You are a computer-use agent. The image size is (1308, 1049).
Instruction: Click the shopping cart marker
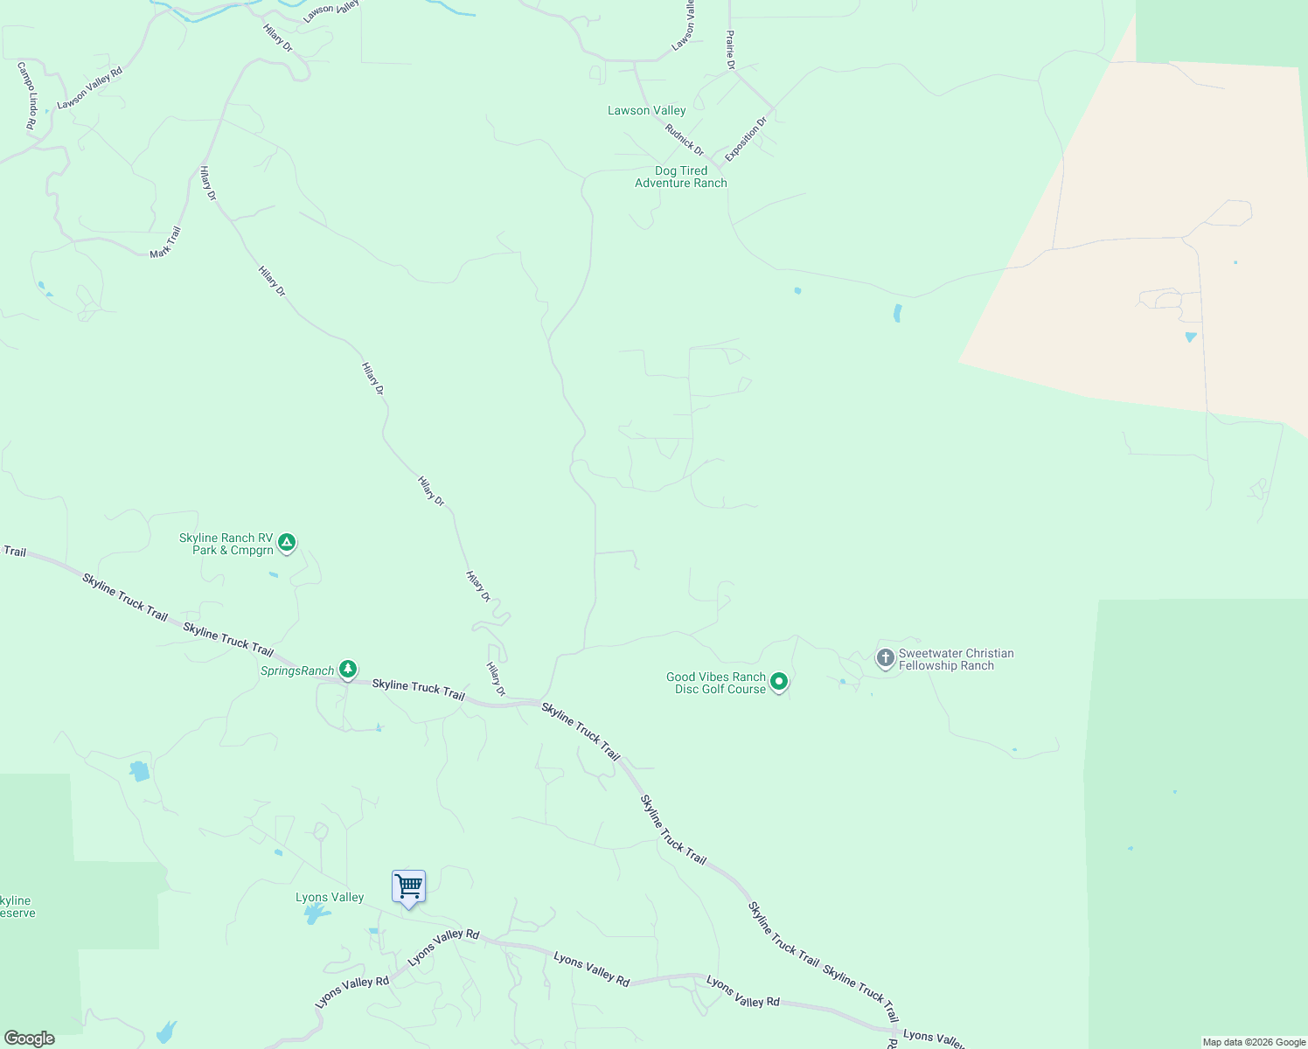408,887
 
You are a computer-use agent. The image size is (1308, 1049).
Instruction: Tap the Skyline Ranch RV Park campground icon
287,543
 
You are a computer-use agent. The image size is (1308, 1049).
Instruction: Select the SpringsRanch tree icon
348,670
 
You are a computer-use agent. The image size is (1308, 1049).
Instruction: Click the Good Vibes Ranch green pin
778,682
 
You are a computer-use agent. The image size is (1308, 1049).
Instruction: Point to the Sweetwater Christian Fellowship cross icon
885,657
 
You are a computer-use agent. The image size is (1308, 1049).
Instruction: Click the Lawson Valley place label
646,111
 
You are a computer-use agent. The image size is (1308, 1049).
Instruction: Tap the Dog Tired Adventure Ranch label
680,177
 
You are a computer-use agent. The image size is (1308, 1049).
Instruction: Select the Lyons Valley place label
330,898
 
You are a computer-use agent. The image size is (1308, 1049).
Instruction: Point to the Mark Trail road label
165,242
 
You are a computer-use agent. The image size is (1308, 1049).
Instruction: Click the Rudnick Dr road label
684,140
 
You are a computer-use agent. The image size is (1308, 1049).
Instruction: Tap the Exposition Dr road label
745,138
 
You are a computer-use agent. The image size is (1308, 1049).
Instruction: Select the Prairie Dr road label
730,50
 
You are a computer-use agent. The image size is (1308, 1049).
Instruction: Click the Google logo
30,1039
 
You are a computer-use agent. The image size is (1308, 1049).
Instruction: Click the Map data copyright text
1253,1042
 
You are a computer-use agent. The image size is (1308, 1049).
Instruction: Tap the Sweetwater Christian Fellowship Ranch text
956,659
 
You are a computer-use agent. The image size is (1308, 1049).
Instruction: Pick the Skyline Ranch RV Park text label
227,544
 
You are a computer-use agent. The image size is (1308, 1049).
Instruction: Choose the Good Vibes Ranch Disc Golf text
716,683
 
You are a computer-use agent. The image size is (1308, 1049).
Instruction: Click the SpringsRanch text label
297,671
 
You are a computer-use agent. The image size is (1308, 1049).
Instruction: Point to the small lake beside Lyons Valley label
313,915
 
